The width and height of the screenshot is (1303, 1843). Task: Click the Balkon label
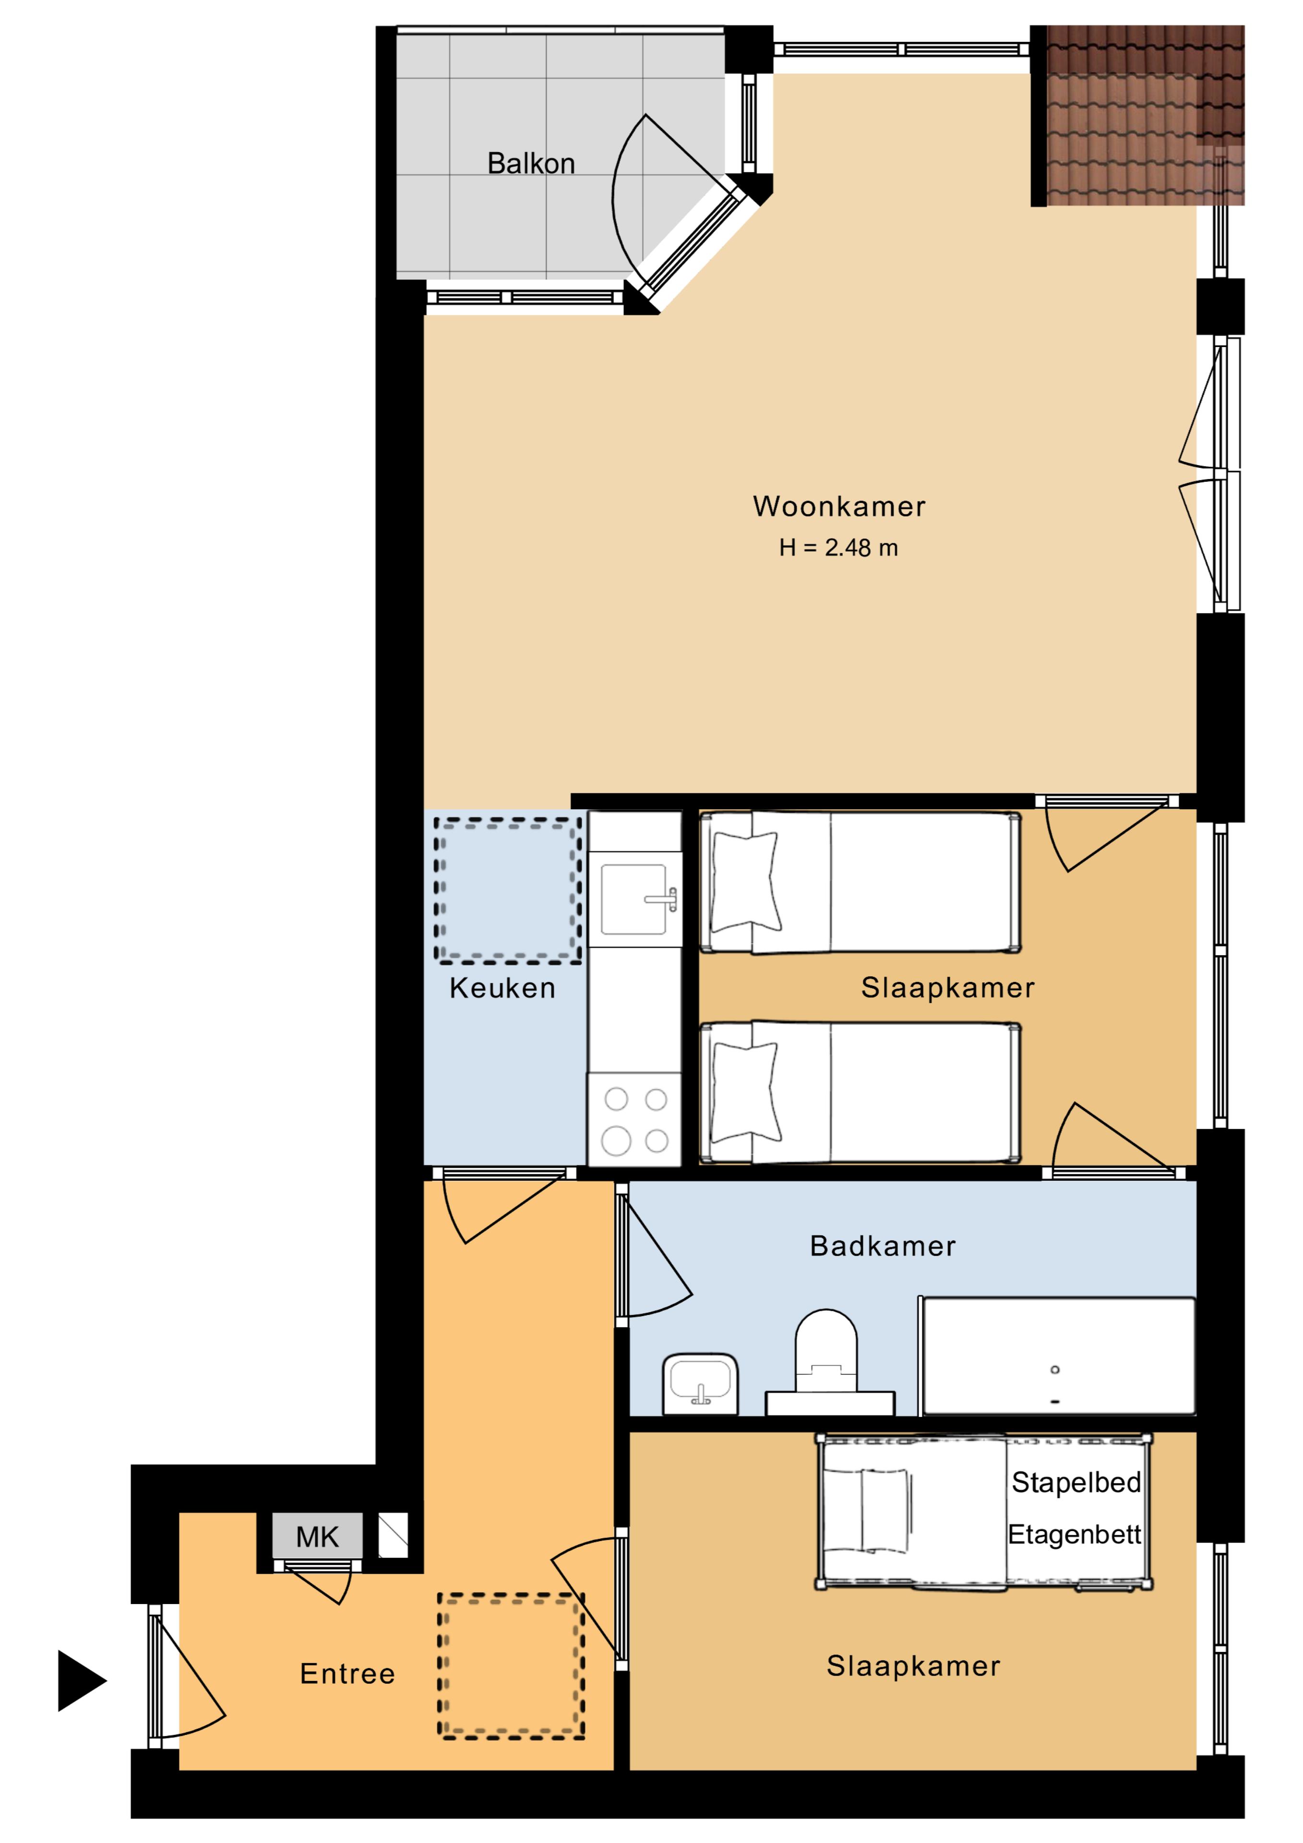(x=531, y=164)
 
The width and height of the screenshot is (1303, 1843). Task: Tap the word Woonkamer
(x=839, y=506)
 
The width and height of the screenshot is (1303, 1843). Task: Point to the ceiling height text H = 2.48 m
(x=838, y=548)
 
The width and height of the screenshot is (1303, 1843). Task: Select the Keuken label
(x=502, y=988)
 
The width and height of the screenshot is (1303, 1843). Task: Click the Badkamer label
(x=882, y=1246)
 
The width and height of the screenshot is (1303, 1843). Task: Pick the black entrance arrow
(x=81, y=1681)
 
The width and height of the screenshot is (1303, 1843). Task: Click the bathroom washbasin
(x=700, y=1385)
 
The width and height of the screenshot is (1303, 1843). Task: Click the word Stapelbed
(x=1076, y=1483)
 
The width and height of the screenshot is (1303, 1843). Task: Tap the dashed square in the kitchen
(x=507, y=890)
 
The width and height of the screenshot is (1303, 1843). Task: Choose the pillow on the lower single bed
(x=746, y=1092)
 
